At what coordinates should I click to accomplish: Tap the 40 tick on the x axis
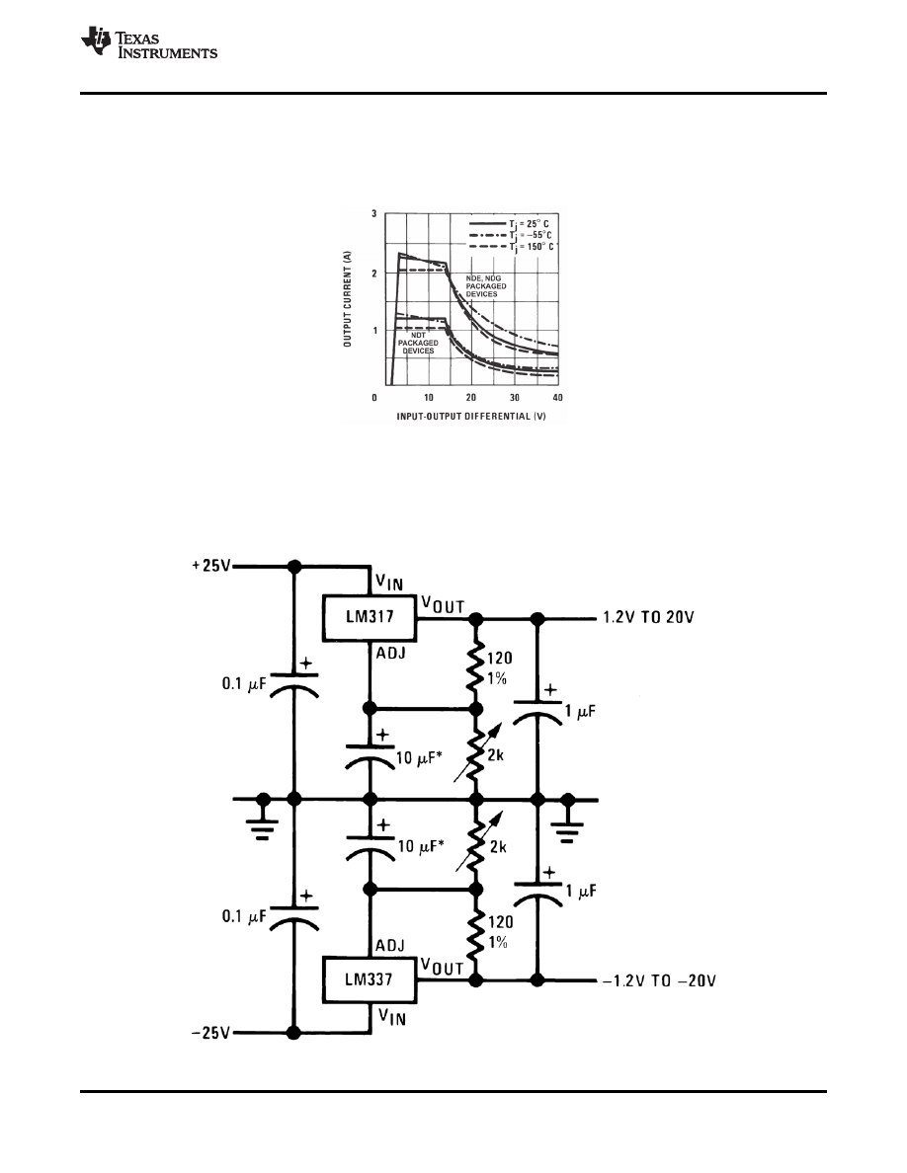point(557,397)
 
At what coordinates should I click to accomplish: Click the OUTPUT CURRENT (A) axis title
point(349,299)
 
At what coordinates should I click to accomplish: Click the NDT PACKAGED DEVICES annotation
point(418,342)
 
